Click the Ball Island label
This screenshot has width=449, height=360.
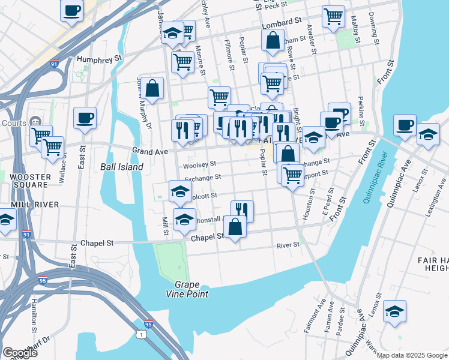coord(121,167)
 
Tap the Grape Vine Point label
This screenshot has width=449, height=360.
coord(188,289)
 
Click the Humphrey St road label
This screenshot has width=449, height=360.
coord(100,59)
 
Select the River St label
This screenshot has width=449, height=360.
coord(288,245)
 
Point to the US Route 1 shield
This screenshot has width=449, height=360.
coord(157,332)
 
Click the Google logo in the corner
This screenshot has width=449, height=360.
coord(20,353)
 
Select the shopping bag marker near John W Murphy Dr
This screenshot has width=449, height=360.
coord(153,88)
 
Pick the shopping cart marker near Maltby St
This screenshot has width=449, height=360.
coord(333,16)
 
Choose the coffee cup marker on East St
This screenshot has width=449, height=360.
coord(85,118)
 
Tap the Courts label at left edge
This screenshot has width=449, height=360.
coord(13,124)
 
